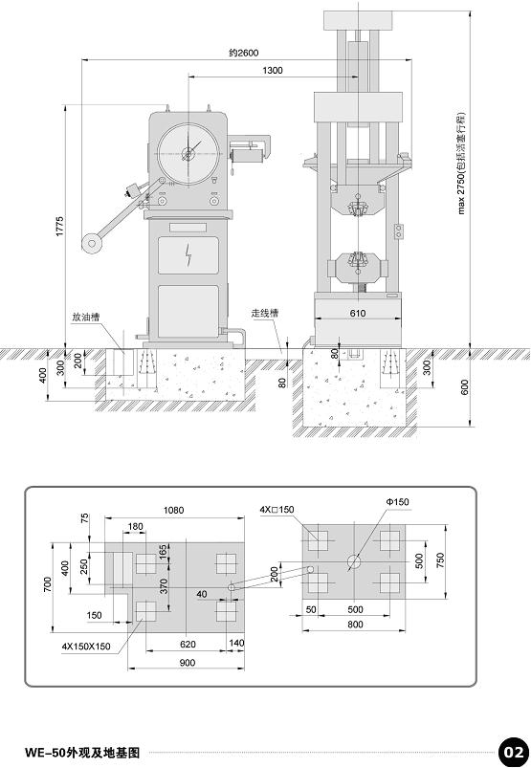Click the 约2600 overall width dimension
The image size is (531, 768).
coord(243,53)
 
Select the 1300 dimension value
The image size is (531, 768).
coord(273,71)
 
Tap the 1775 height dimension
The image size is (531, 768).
coord(59,227)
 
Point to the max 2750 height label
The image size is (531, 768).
coord(461,164)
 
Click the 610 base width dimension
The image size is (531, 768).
coord(358,313)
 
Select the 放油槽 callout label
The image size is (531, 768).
coord(86,318)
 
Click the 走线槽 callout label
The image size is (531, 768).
coord(265,313)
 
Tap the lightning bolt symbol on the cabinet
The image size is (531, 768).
coord(188,255)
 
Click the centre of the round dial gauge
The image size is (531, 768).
coord(188,154)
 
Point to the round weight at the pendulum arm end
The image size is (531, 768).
coord(92,243)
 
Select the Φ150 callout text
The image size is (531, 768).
coord(397,502)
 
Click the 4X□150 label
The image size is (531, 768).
coord(277,510)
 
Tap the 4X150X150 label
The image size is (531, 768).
coord(86,647)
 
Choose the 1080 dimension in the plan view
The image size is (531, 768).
coord(173,511)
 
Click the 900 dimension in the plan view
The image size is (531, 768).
coord(188,663)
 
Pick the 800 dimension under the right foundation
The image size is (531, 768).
coord(355,625)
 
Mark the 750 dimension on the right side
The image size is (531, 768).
coord(440,560)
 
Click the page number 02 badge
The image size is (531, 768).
coord(514,752)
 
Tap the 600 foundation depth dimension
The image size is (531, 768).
coord(465,387)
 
